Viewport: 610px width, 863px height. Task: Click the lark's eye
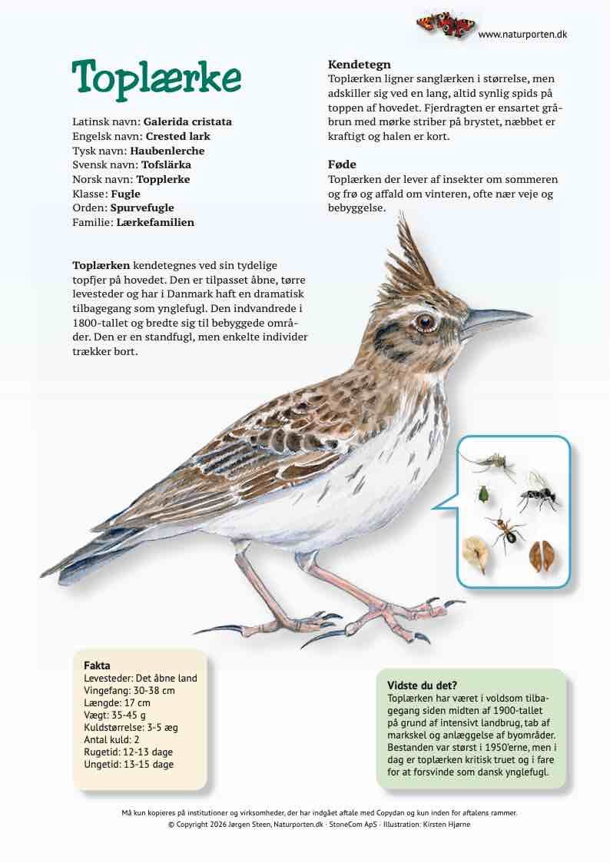point(424,322)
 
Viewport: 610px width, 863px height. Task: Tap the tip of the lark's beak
point(530,314)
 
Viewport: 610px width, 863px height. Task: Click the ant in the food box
point(506,530)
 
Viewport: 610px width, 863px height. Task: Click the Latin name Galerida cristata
point(187,121)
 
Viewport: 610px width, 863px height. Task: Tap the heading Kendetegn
point(360,65)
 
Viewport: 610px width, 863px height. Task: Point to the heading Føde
point(342,164)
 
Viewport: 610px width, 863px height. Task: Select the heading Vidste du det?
point(423,685)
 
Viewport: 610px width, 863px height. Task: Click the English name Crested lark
point(177,136)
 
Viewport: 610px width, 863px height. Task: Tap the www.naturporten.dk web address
point(522,35)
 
